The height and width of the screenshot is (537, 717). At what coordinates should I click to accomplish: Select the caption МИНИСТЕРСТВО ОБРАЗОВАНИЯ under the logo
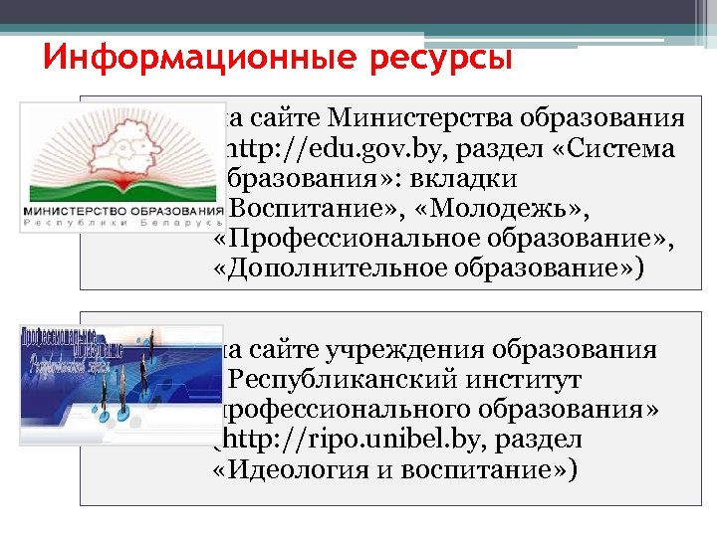(122, 213)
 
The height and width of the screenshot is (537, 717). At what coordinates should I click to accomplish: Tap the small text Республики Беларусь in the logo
(122, 226)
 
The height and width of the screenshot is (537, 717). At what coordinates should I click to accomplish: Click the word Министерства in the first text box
(419, 119)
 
